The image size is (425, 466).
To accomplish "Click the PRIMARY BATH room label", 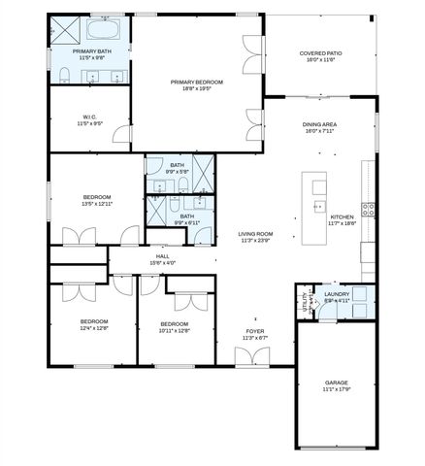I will tap(89, 50).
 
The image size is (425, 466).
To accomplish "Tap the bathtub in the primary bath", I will tap(103, 27).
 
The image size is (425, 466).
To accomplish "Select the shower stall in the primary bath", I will tap(65, 29).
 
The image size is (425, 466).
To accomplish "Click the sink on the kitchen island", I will tap(317, 205).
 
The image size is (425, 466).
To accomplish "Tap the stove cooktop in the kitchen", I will tap(368, 208).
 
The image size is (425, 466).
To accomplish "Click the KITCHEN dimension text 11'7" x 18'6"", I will tap(343, 223).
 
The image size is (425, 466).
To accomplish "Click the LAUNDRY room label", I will tap(337, 294).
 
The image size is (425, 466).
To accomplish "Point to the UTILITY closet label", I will tap(304, 302).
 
